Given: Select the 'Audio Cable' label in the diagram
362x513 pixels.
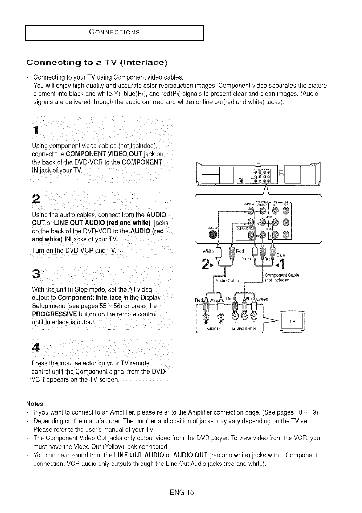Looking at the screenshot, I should coord(227,280).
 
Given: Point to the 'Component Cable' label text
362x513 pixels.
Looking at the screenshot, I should coord(282,275).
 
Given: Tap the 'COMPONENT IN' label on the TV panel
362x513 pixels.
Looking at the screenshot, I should coord(244,329).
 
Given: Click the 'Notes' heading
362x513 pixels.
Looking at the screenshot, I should coord(35,404).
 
